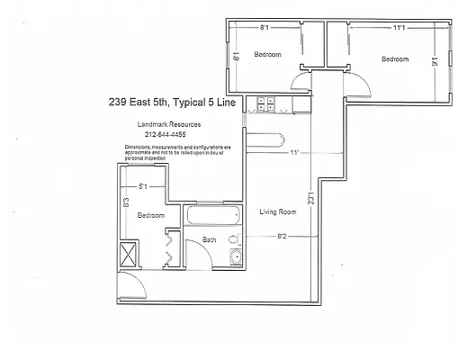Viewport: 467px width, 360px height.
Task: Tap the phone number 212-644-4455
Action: point(163,136)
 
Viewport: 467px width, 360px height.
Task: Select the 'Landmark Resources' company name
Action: point(163,124)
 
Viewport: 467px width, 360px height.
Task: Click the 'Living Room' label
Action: point(278,212)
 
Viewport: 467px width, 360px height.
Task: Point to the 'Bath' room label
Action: point(209,239)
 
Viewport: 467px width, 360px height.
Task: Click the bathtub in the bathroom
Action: point(211,217)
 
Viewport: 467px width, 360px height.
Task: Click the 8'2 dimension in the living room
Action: point(281,237)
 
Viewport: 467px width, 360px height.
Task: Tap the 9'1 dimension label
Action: point(436,62)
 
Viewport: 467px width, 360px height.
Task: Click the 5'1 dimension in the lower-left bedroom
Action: point(142,187)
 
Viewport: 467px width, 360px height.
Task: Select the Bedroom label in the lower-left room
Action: point(150,216)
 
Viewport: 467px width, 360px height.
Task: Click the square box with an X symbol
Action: point(129,254)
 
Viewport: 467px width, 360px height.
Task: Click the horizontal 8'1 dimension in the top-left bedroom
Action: point(264,28)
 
